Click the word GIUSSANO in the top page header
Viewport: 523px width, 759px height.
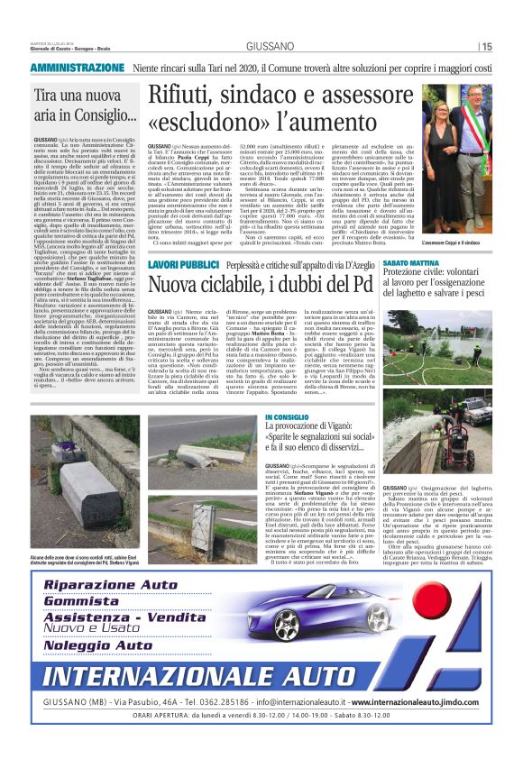coord(261,46)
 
